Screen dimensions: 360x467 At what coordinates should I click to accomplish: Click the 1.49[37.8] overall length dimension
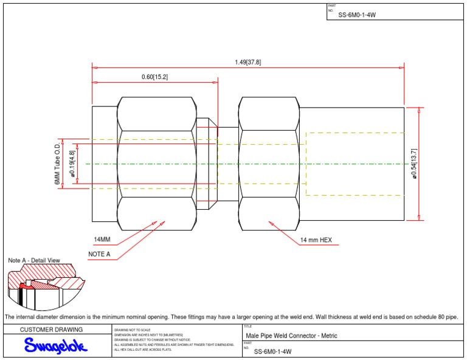(247, 62)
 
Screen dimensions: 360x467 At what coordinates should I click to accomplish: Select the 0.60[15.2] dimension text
(154, 77)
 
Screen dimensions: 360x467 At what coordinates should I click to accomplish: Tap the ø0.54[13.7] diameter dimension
(414, 163)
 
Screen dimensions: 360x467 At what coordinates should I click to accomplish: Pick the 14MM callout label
(102, 240)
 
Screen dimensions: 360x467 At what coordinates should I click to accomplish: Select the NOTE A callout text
(99, 254)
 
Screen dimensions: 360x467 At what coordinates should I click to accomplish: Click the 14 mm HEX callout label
(316, 240)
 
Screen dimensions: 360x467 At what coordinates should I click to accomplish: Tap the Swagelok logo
(56, 346)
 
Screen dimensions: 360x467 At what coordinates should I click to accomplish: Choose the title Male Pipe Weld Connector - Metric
(291, 336)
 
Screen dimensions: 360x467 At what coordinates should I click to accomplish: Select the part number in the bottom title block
(272, 351)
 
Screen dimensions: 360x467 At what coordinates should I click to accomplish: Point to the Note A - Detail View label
(33, 260)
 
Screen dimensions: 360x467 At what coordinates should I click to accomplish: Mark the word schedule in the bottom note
(423, 317)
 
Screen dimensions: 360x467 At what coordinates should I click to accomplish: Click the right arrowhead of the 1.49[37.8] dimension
(402, 67)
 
